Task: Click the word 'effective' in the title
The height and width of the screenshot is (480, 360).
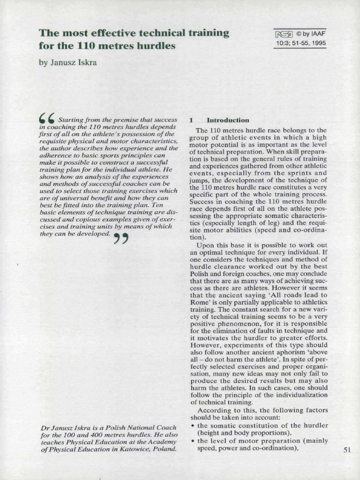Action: [x=104, y=33]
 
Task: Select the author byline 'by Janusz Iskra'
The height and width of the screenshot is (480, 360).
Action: [x=67, y=62]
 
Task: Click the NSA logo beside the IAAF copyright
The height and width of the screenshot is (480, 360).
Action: [x=284, y=34]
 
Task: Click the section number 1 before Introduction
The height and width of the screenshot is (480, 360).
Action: [x=191, y=120]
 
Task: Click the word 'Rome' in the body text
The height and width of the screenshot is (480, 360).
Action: [x=200, y=302]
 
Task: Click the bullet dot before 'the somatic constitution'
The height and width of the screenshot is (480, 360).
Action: [x=193, y=426]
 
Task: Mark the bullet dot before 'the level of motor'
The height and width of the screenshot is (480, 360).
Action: [x=193, y=441]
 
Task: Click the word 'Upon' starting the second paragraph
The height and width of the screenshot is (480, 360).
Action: [x=204, y=245]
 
